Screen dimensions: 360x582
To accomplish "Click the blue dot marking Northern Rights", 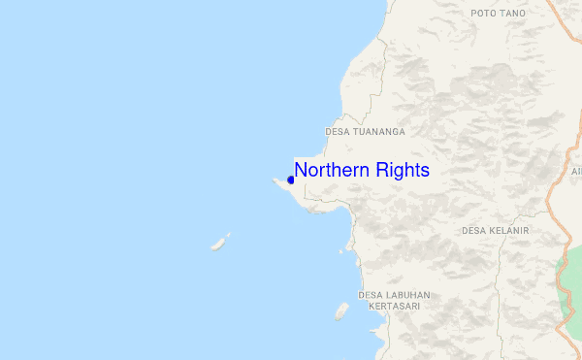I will [x=291, y=180].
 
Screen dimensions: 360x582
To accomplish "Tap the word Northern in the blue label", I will [x=329, y=170].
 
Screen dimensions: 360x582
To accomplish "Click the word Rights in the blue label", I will [x=399, y=171].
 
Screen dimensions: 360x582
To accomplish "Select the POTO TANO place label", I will [x=498, y=13].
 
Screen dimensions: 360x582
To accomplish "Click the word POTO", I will [x=483, y=13].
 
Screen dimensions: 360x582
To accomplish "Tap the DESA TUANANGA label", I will [x=365, y=131].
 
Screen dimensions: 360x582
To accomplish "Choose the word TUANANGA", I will [x=378, y=131].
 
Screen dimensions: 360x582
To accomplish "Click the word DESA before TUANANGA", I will [x=338, y=131].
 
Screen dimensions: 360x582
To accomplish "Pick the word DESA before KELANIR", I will [x=473, y=230].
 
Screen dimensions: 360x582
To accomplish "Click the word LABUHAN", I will [x=404, y=295].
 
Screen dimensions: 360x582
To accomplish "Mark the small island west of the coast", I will [x=220, y=241].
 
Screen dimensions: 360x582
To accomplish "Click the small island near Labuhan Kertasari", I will [x=341, y=311].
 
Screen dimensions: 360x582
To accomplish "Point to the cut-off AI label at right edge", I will [x=576, y=167].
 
